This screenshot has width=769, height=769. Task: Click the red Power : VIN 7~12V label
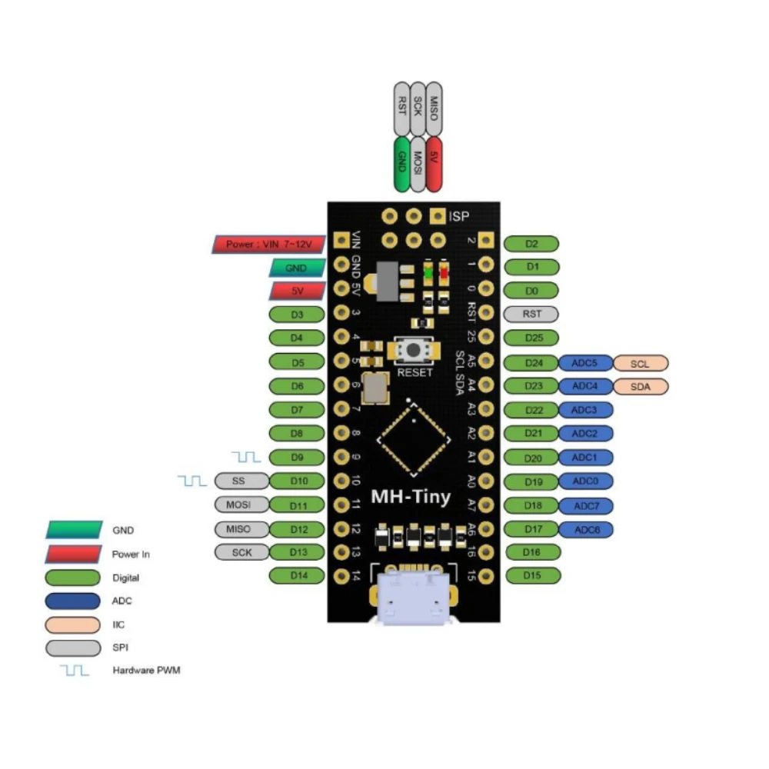click(268, 245)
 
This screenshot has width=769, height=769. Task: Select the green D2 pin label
click(531, 244)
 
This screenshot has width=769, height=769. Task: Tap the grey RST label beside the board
click(531, 314)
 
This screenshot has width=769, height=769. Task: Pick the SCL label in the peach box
click(640, 363)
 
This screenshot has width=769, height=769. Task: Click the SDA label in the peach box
click(640, 387)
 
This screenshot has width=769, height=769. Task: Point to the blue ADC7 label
click(586, 505)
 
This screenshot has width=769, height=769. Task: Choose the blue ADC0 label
click(586, 481)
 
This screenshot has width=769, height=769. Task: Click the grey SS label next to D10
click(241, 481)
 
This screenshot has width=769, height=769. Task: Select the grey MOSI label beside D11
click(241, 505)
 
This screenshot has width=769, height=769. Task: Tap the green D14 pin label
click(297, 575)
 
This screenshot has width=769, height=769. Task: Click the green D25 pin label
click(531, 338)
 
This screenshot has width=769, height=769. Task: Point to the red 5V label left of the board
click(297, 291)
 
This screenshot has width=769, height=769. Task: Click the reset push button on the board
click(414, 350)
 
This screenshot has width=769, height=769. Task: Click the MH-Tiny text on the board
click(411, 496)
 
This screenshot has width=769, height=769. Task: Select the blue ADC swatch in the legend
click(73, 601)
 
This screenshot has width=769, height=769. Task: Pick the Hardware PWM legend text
click(146, 671)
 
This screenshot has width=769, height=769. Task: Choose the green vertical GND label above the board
click(401, 164)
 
